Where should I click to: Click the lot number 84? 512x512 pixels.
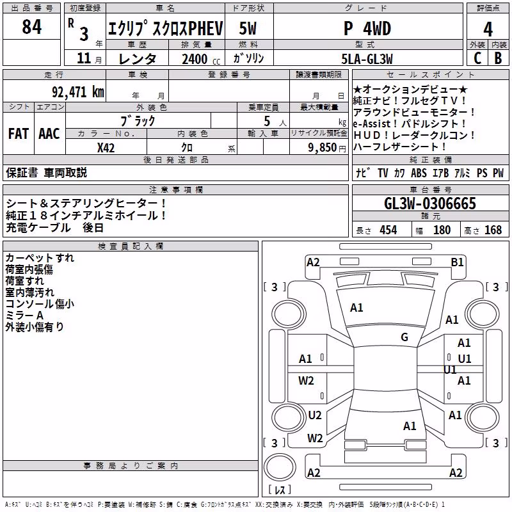31,27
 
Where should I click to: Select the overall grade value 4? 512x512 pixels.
488,29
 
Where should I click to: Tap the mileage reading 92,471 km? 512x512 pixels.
77,92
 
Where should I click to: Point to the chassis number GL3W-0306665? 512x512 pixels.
430,204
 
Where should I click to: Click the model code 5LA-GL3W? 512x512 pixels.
367,59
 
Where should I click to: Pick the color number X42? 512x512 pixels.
106,148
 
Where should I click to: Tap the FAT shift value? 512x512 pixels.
19,134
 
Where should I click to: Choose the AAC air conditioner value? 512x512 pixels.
49,134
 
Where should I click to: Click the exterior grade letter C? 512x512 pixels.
477,58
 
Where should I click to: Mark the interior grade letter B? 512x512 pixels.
498,58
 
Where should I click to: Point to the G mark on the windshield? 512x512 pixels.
404,337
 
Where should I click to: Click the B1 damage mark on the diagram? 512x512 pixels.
457,262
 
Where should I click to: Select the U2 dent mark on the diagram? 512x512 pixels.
315,415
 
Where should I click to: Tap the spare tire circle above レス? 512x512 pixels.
280,467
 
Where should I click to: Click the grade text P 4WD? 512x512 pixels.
367,28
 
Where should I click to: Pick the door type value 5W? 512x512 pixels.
248,28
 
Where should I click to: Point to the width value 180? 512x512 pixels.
442,230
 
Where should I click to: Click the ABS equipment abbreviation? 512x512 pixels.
419,173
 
